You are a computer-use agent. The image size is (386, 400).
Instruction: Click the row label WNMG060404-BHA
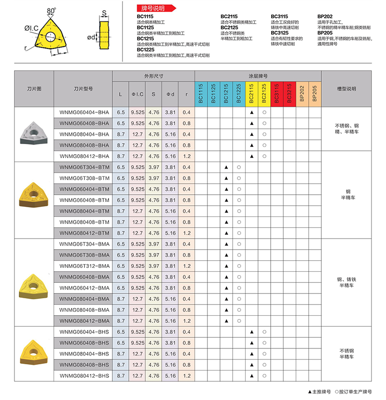[84, 112]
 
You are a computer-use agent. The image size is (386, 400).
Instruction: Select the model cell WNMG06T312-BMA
[84, 266]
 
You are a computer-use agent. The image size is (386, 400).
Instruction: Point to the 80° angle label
[51, 10]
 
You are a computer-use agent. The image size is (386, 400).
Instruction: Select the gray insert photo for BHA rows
[34, 133]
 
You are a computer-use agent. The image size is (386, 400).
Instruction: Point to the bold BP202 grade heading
[324, 16]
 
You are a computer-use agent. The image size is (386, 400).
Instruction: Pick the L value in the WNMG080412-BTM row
[121, 233]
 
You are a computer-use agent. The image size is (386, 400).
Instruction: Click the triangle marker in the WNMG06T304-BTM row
[226, 167]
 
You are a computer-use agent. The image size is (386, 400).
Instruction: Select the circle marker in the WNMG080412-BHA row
[264, 156]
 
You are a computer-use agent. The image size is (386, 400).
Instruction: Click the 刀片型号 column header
[83, 89]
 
